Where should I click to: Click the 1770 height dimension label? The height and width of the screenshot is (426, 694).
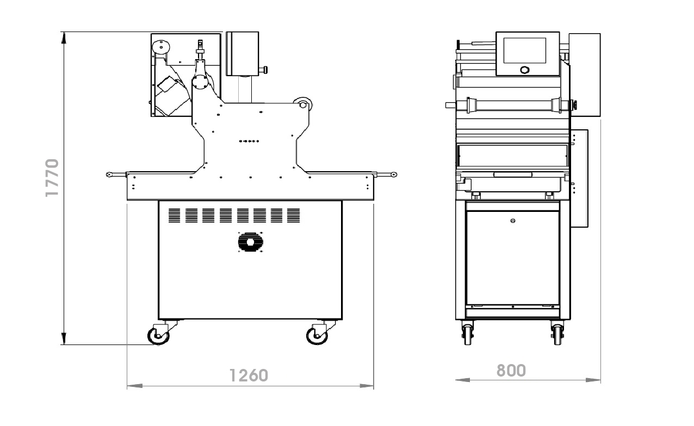(x=52, y=178)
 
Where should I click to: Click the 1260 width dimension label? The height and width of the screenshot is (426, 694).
(x=249, y=375)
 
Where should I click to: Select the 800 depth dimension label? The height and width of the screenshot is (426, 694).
(x=511, y=370)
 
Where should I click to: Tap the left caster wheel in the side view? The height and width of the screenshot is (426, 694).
(x=158, y=336)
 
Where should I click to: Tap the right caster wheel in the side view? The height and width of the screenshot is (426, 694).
(x=317, y=336)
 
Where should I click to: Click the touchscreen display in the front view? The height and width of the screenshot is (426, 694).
(x=524, y=51)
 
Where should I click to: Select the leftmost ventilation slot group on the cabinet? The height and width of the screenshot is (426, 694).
(x=174, y=216)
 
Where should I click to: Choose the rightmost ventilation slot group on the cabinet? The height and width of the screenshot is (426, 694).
(x=293, y=216)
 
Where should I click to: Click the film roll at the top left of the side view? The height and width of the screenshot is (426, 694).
(x=161, y=47)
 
